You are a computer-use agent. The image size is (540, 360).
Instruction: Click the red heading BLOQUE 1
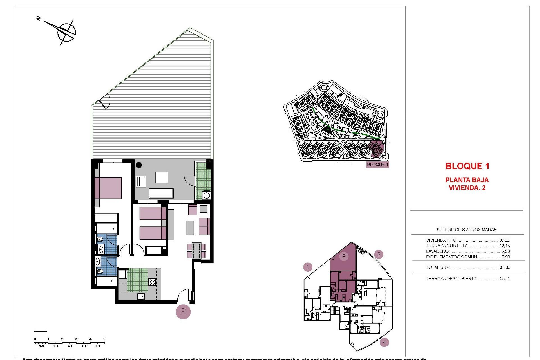(467, 166)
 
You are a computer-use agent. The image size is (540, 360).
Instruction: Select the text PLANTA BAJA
(467, 180)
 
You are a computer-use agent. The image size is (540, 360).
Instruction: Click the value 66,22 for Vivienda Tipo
(504, 240)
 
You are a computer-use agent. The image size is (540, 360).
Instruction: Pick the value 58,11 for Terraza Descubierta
(505, 279)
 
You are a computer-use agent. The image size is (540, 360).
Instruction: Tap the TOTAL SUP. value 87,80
(505, 267)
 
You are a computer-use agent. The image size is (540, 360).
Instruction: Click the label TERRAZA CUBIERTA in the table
(447, 246)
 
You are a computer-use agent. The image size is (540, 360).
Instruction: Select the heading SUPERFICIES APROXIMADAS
(466, 230)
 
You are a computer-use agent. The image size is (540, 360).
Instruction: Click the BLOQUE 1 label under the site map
(377, 165)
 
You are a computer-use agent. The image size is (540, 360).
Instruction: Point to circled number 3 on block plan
(379, 255)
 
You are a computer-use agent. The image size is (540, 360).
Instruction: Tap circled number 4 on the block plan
(384, 343)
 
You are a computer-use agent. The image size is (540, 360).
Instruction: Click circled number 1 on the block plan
(308, 267)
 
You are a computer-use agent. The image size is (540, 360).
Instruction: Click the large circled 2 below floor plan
(183, 312)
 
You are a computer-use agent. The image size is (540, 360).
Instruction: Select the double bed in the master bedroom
(108, 188)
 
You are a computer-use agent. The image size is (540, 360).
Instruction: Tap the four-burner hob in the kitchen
(152, 282)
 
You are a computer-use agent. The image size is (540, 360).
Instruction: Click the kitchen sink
(141, 296)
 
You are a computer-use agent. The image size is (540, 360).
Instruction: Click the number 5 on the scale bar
(104, 339)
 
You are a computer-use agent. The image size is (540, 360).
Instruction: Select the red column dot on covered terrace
(139, 165)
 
